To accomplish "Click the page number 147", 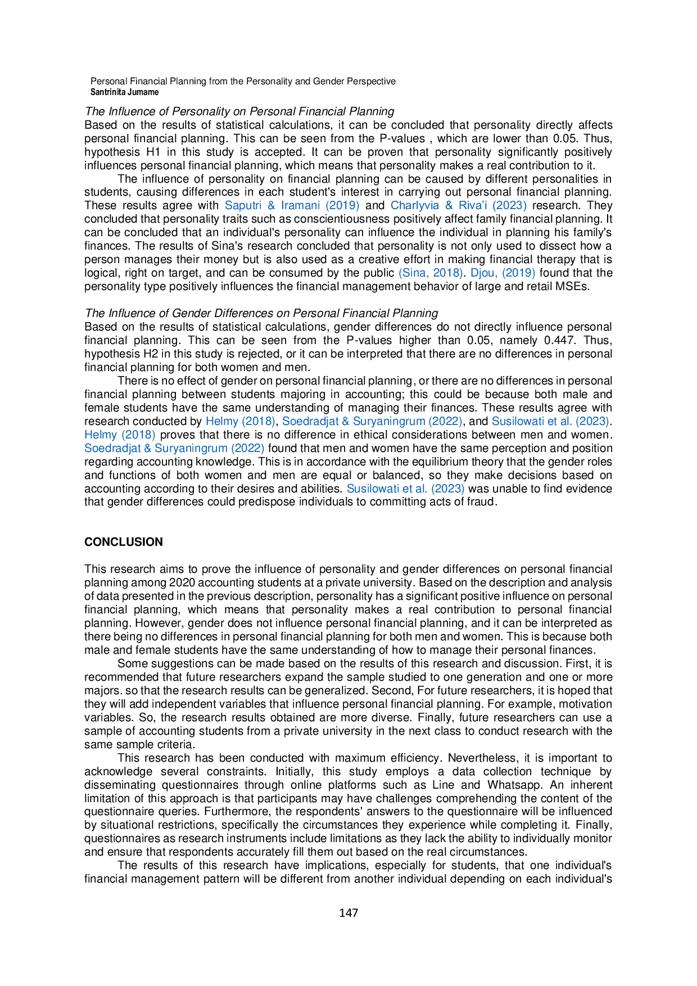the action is [x=348, y=913].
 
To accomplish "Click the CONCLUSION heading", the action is [x=124, y=542].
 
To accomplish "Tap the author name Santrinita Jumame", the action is [x=125, y=92].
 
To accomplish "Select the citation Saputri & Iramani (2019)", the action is [x=292, y=205].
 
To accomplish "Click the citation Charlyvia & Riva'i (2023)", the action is [x=459, y=205].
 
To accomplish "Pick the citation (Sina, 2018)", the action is [x=431, y=273].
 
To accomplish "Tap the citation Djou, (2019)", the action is [x=503, y=273].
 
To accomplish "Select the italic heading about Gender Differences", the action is [x=261, y=313].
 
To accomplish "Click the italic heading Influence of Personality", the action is [x=239, y=111].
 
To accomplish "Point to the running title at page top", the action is [x=243, y=81].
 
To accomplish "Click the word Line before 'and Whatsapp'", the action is [x=443, y=785].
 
